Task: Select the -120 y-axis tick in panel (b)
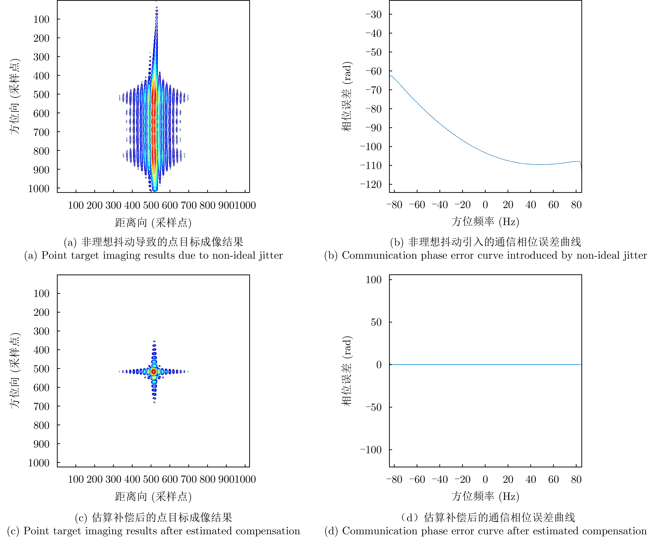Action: (371, 184)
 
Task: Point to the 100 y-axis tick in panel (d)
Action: (374, 280)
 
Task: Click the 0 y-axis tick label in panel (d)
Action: (379, 365)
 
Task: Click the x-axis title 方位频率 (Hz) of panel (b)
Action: (485, 222)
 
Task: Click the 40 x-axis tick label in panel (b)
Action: (531, 205)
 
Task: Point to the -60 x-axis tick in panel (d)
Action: (417, 480)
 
